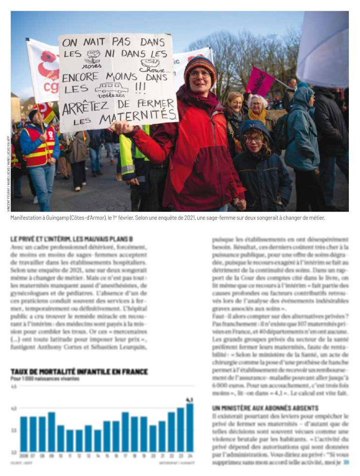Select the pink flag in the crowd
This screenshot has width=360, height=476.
coord(260,81)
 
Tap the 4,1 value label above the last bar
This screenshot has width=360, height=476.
coord(189,400)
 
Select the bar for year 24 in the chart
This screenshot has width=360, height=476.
coord(190,427)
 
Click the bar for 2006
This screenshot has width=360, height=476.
coord(24,434)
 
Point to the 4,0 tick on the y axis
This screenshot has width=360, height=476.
coord(14,408)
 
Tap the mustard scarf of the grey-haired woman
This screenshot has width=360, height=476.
coord(256,115)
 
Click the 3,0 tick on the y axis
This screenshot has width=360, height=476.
coord(14,452)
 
